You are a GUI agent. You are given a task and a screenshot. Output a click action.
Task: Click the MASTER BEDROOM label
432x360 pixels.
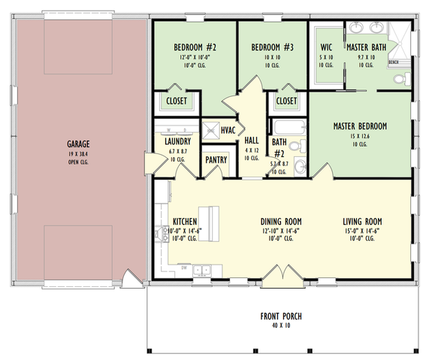point(360,126)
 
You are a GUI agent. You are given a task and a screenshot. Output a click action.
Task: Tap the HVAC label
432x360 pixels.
point(228,130)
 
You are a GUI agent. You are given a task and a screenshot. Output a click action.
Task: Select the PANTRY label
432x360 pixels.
point(216,159)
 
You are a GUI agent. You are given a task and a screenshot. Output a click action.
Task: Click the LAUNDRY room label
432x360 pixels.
point(177,141)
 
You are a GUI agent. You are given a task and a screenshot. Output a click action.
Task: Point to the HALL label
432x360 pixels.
point(251,140)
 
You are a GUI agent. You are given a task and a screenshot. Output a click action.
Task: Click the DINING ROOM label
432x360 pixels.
point(281,221)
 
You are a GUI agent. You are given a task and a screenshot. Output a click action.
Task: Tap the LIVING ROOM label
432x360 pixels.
point(362,221)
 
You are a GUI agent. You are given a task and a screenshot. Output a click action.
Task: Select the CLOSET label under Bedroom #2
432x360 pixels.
point(177,100)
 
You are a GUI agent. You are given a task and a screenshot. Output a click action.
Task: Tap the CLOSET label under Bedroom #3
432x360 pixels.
point(286,100)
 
